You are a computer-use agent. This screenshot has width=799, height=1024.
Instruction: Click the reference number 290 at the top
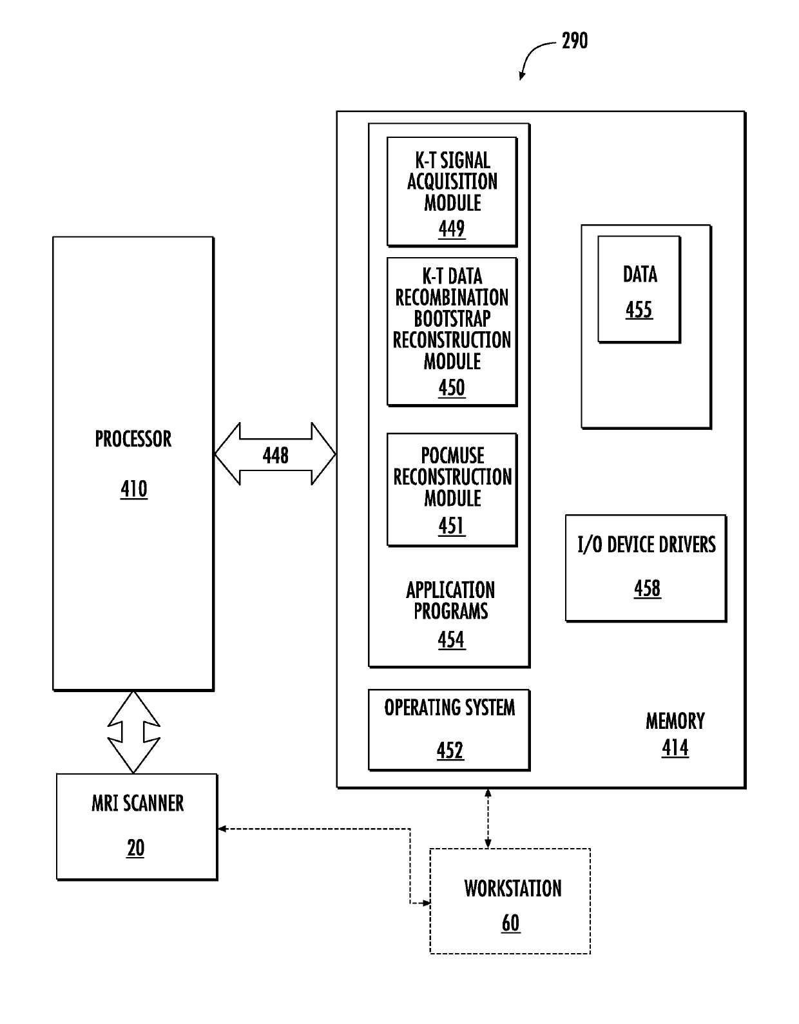point(574,41)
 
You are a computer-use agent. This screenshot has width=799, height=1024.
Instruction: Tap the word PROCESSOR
point(133,439)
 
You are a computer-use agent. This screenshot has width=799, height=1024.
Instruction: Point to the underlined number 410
point(134,488)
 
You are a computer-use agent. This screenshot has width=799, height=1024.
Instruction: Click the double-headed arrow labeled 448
point(275,454)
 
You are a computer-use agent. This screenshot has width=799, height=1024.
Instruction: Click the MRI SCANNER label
point(137,804)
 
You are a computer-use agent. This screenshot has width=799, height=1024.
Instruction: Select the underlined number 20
point(136,848)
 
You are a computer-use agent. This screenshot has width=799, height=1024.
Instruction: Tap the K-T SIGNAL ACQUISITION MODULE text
point(452,182)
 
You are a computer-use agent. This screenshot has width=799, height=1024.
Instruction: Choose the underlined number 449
point(452,229)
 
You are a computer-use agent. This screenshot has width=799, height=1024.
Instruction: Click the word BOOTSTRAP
point(452,318)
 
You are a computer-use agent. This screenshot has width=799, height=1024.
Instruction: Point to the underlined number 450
point(452,387)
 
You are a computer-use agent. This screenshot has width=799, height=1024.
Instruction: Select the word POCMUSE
point(453,455)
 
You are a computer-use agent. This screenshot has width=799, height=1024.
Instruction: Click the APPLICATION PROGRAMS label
point(451,601)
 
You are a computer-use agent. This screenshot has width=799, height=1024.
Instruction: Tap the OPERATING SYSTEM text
point(450,708)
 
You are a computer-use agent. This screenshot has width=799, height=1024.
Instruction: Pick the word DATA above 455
point(640,275)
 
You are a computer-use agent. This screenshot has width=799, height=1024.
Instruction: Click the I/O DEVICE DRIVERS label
point(646,545)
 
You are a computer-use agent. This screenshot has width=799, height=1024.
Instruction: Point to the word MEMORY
point(675,721)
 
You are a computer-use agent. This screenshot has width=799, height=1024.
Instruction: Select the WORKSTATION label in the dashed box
point(513,888)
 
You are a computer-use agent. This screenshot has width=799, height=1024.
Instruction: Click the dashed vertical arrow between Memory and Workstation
point(488,818)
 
